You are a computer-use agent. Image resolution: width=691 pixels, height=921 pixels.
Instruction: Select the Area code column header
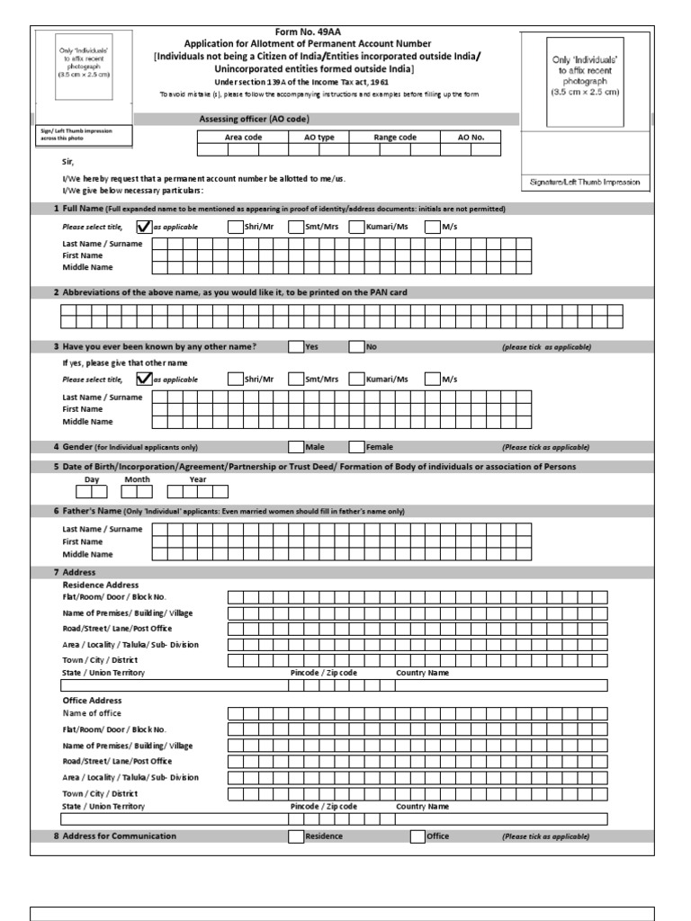[x=243, y=138]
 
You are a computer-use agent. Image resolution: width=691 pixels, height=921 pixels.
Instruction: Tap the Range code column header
[x=395, y=138]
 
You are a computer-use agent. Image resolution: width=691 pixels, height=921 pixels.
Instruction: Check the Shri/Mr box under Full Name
[x=236, y=228]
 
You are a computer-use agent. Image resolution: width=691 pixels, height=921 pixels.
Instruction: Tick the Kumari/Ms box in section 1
[x=356, y=228]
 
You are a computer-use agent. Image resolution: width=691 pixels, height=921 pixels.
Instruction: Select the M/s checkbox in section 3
[x=432, y=379]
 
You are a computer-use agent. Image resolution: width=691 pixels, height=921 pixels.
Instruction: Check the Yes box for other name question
[x=296, y=346]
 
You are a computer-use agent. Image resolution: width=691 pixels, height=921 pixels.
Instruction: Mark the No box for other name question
[x=356, y=346]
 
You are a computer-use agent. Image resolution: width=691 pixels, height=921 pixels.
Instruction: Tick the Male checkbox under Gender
[x=296, y=446]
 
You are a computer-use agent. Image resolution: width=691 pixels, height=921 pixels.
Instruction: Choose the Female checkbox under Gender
[x=356, y=446]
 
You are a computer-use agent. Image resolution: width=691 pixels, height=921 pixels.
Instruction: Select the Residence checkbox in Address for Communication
[x=296, y=836]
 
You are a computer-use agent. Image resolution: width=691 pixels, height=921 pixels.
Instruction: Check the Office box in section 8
[x=417, y=836]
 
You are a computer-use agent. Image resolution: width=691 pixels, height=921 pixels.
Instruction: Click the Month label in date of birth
[x=137, y=479]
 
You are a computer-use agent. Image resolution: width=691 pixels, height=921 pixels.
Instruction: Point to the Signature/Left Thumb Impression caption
[x=586, y=183]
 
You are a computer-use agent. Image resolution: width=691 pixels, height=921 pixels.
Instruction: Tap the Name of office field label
[x=91, y=712]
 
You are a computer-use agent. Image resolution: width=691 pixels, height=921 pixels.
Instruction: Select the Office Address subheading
[x=92, y=700]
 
